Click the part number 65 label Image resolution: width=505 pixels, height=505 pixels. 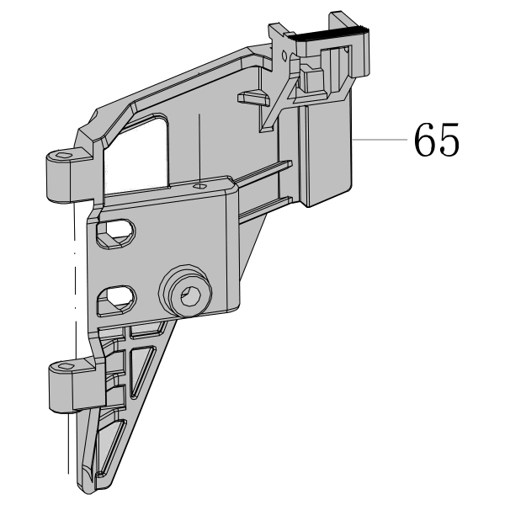pyautogui.click(x=436, y=140)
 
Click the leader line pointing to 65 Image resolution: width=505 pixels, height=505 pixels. pyautogui.click(x=380, y=140)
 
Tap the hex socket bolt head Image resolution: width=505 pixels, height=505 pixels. pyautogui.click(x=187, y=292)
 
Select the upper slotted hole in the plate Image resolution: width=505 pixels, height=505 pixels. pyautogui.click(x=116, y=233)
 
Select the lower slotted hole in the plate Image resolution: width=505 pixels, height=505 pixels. pyautogui.click(x=117, y=300)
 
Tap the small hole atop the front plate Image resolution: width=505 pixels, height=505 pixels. pyautogui.click(x=199, y=186)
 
